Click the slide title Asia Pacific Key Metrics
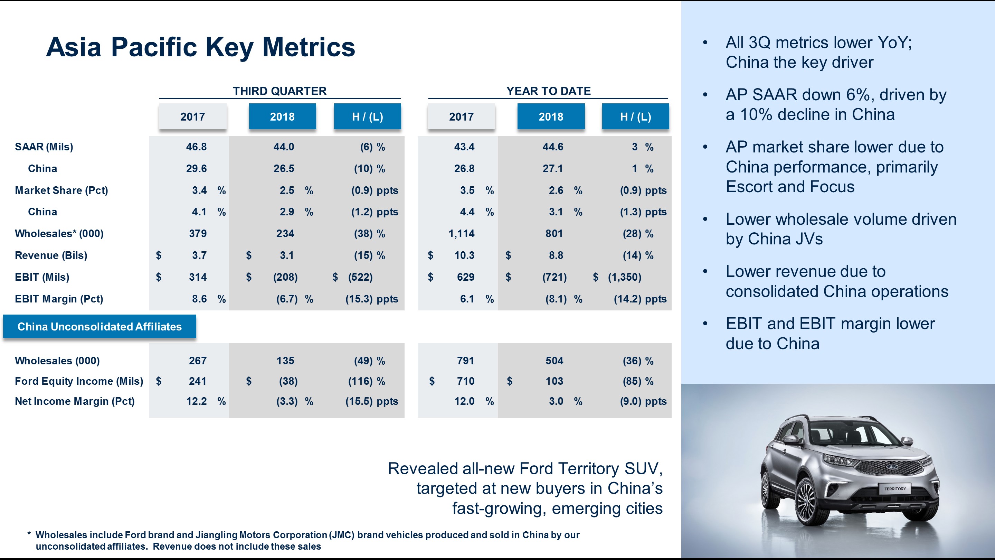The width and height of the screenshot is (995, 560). tap(200, 47)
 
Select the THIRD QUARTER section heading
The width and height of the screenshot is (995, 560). tap(279, 91)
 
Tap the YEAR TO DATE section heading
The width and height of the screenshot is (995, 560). tap(548, 91)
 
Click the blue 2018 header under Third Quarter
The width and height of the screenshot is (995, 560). tap(282, 116)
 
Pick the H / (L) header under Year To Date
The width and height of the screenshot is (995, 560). tap(635, 116)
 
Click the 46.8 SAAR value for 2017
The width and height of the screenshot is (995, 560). tap(196, 147)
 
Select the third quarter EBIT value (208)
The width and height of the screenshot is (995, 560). tap(285, 277)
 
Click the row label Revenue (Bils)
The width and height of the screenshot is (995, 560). tap(51, 255)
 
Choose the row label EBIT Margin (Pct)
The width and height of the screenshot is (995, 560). tap(59, 299)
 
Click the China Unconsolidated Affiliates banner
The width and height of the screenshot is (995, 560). tap(99, 327)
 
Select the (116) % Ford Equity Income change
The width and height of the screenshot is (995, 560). tap(366, 381)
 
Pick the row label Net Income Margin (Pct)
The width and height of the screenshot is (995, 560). tap(75, 401)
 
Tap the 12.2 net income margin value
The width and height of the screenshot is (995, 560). tap(196, 401)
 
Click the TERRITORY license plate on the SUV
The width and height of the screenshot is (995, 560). tap(894, 489)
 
